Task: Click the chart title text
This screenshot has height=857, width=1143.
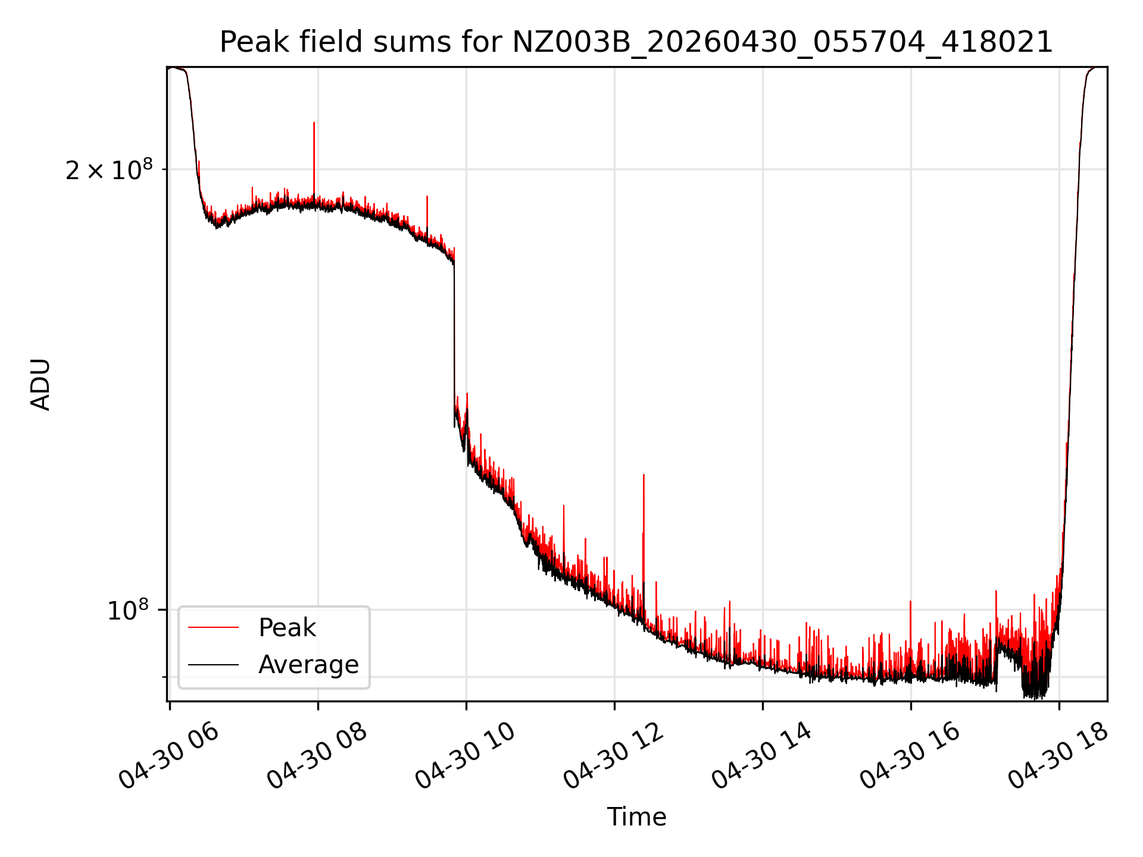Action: click(636, 42)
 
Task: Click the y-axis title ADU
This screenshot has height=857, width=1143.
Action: click(40, 384)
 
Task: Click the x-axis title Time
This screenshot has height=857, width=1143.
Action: click(636, 817)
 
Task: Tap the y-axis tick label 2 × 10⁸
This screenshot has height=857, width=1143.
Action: click(109, 170)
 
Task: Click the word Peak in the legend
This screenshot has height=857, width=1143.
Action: click(287, 628)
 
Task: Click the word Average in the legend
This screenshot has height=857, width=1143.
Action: click(308, 665)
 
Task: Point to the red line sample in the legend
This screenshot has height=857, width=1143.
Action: click(213, 628)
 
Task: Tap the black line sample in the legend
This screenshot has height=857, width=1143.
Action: click(213, 665)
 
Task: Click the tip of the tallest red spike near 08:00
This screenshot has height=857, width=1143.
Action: click(314, 123)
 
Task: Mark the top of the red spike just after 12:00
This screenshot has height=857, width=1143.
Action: click(644, 475)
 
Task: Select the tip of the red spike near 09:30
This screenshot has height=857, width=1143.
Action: click(427, 196)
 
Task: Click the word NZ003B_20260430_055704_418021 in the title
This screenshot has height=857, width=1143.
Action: click(783, 42)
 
